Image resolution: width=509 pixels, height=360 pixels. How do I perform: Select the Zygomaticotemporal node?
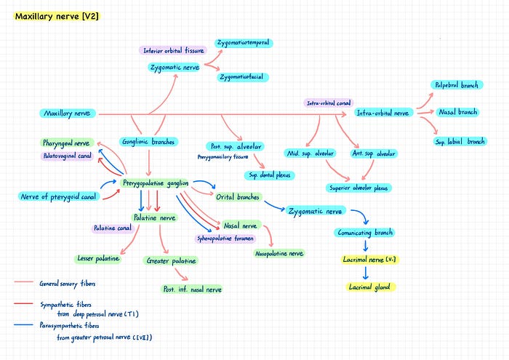(243, 43)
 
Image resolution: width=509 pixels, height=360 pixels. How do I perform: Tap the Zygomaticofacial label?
(244, 76)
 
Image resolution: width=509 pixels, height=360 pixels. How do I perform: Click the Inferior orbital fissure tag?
(173, 50)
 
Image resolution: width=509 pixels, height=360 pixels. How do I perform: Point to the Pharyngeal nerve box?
(66, 143)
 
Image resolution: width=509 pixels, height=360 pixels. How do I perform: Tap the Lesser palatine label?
(98, 258)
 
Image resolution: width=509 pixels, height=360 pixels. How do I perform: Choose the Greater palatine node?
(172, 260)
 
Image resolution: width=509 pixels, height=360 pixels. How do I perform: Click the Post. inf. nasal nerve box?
(192, 289)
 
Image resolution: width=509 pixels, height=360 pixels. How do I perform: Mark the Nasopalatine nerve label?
(279, 253)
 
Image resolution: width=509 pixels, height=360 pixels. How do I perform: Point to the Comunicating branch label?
(365, 233)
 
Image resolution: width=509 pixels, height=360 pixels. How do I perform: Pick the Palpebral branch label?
(456, 85)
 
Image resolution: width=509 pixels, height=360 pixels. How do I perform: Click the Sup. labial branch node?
(460, 141)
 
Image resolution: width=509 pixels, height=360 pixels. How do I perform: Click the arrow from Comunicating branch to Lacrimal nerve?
(365, 246)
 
